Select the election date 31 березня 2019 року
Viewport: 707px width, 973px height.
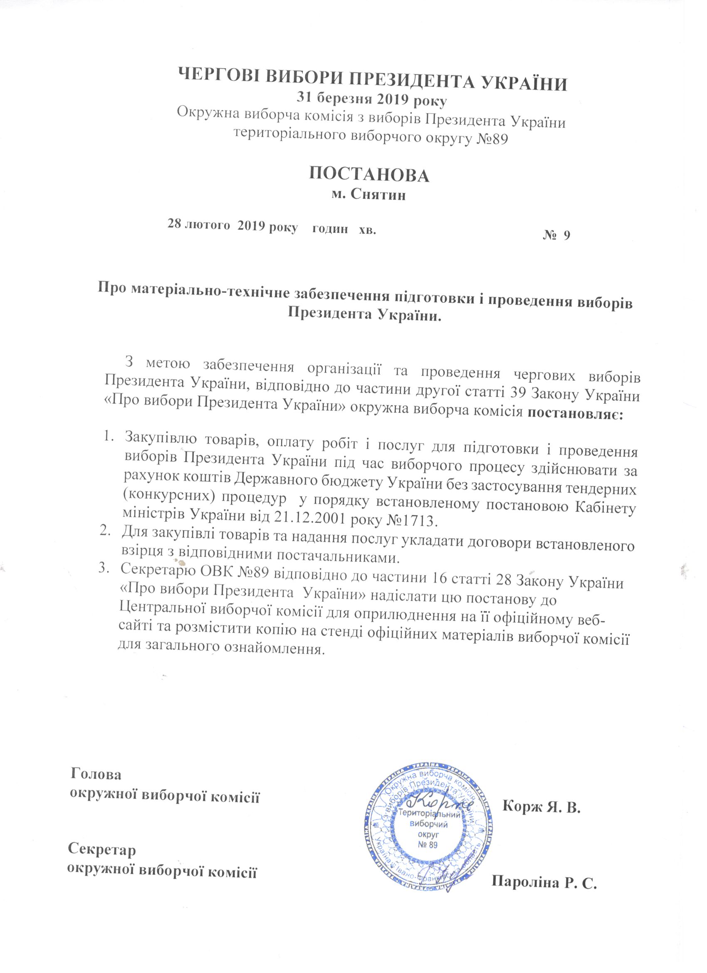372,99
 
